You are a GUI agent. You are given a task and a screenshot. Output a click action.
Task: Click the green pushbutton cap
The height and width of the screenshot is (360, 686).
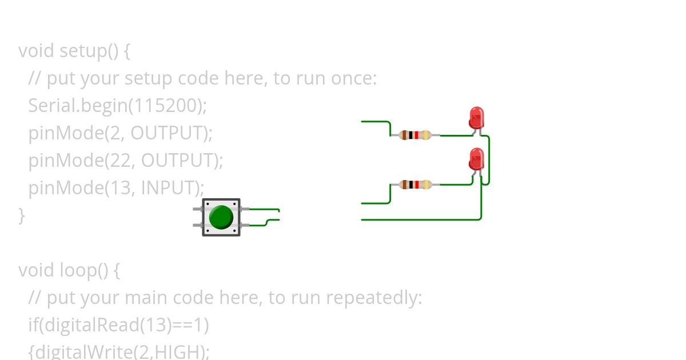click(x=221, y=217)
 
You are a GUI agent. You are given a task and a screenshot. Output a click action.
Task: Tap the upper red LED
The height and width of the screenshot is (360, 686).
click(x=476, y=118)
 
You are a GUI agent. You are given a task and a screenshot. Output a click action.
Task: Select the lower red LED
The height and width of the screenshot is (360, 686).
click(x=476, y=159)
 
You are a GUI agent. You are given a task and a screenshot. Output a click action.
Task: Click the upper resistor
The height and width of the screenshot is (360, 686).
click(x=415, y=135)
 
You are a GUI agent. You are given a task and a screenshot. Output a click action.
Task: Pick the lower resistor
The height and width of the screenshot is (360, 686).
click(x=415, y=185)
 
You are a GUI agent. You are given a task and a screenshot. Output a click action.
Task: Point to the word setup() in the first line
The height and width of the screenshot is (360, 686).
click(x=89, y=51)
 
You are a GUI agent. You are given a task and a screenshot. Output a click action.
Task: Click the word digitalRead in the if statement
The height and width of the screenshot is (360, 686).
click(x=91, y=325)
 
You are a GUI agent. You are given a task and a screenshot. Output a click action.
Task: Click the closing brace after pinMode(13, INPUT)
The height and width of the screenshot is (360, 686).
click(x=22, y=215)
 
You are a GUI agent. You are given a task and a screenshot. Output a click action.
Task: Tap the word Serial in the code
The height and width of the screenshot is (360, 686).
click(x=51, y=105)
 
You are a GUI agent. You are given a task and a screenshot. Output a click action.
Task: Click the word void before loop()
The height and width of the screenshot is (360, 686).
click(x=37, y=270)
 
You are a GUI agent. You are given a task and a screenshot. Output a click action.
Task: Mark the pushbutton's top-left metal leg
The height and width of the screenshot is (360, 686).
click(x=198, y=209)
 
